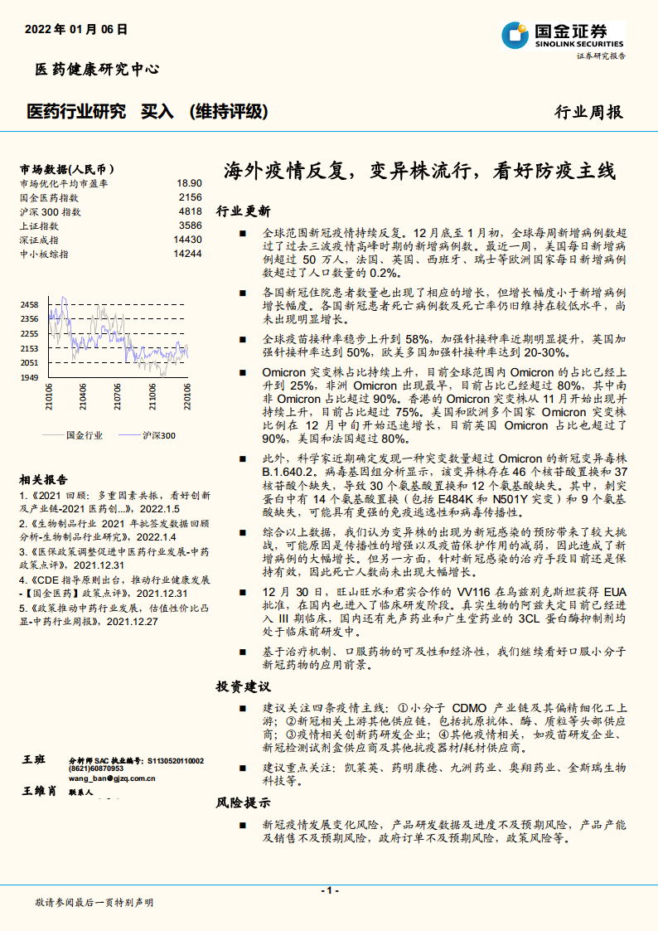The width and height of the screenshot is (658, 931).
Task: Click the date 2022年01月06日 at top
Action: click(77, 29)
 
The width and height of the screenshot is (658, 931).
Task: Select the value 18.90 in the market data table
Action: click(189, 183)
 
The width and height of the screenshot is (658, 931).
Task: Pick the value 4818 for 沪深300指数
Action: click(190, 211)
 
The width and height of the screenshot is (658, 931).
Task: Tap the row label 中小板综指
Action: click(45, 254)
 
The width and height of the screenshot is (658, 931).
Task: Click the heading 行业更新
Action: click(243, 211)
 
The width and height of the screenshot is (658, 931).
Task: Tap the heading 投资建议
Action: click(243, 687)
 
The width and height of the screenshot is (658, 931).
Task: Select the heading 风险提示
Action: click(243, 803)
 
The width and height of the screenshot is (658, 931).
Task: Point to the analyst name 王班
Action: click(34, 760)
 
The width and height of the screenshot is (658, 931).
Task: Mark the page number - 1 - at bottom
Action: click(329, 890)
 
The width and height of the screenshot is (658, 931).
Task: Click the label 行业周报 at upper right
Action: click(588, 112)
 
